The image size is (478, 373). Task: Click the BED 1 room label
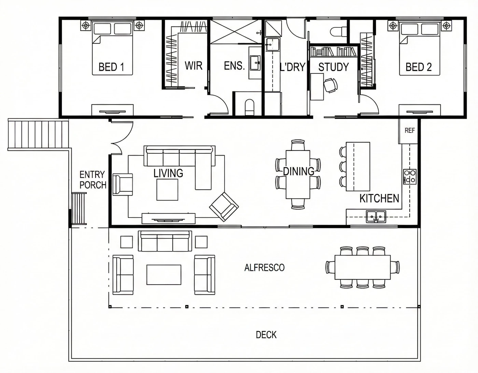pos(111,67)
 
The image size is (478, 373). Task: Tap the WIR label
pos(193,66)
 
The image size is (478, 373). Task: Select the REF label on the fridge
pos(410,131)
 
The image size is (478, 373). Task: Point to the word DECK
pos(266,335)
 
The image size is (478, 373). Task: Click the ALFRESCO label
pos(264,268)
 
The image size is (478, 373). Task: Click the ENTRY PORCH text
pos(93,180)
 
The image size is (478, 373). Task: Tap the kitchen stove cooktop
pos(410,176)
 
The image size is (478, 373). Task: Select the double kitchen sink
pos(376,216)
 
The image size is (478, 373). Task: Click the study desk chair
pos(331,85)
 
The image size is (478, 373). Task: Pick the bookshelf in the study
pos(334,52)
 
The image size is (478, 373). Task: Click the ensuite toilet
pos(249,107)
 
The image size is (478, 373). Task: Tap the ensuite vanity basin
pos(255,63)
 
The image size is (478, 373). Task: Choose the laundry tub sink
pos(272,45)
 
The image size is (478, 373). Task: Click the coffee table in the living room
pos(167,190)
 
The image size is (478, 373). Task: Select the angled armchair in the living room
pos(224,207)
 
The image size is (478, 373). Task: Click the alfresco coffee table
pos(164,275)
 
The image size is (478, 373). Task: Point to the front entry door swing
pos(122,137)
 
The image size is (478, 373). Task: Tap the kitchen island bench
pos(358,167)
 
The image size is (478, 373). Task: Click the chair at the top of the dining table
pos(298,145)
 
